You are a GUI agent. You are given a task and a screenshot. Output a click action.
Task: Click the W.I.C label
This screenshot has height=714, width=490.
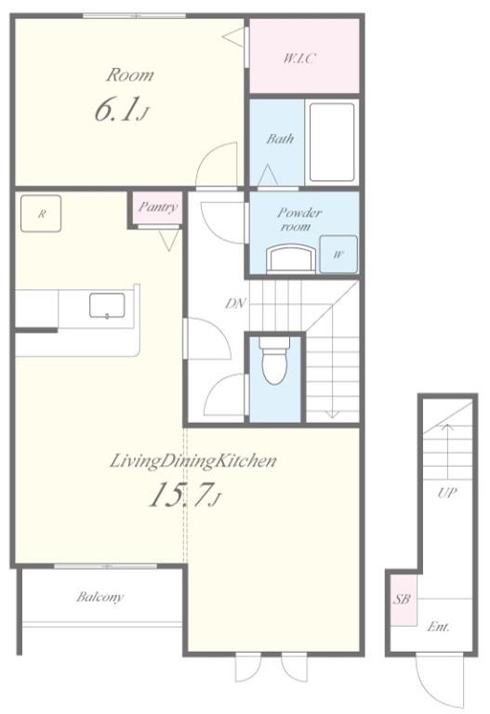tap(299, 58)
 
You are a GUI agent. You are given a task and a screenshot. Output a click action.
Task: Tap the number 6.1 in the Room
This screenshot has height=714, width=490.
tap(115, 111)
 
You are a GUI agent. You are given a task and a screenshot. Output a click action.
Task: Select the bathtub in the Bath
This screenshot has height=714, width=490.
tap(332, 142)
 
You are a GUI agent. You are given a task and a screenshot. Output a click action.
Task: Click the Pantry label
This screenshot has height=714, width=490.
tap(157, 207)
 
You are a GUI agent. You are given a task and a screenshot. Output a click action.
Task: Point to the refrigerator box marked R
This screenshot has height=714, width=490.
tap(41, 214)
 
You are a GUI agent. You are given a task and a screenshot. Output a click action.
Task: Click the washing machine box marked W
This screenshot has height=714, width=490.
tap(338, 254)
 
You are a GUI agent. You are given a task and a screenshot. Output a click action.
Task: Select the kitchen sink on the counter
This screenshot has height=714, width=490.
tap(107, 305)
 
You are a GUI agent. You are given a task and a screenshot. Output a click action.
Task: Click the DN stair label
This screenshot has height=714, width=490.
tap(236, 303)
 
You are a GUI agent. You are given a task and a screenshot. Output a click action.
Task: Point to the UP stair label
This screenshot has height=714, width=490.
tap(446, 493)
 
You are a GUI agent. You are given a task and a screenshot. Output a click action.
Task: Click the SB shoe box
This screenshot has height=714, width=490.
tap(403, 600)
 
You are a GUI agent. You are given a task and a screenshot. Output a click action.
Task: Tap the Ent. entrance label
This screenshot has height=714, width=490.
tap(438, 627)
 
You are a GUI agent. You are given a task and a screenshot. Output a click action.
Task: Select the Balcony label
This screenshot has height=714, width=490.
tap(99, 597)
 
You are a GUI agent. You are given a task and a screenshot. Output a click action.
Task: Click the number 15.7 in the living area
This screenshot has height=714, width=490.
tap(181, 495)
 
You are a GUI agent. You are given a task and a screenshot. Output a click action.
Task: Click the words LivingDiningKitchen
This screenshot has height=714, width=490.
tap(193, 461)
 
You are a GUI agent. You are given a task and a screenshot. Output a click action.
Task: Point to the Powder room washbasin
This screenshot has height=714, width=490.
tap(291, 258)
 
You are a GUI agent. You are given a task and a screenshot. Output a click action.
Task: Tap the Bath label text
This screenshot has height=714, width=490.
tap(280, 139)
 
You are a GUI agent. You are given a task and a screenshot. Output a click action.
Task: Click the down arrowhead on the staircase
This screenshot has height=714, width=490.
tap(333, 414)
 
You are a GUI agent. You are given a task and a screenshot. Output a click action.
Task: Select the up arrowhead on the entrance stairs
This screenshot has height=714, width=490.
tap(447, 427)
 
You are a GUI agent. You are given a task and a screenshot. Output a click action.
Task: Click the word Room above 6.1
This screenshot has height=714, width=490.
tap(130, 75)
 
